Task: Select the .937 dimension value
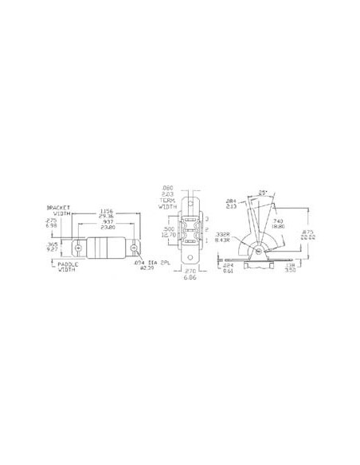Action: point(108,222)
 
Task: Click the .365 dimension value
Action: point(53,246)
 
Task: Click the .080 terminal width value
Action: point(166,190)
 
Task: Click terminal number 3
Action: point(208,217)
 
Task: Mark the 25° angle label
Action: point(264,191)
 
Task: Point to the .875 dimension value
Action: point(319,232)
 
